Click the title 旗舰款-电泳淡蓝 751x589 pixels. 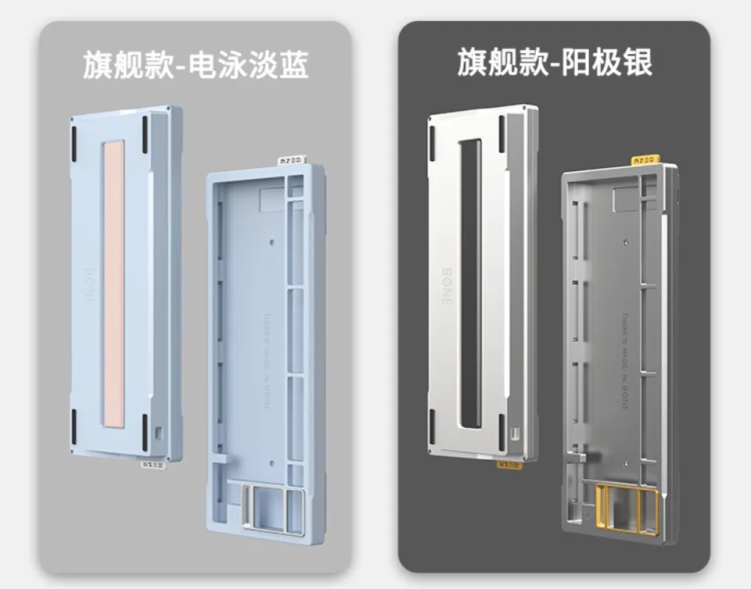click(x=196, y=65)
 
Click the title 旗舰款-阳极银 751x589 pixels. click(x=555, y=62)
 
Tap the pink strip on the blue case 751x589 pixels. click(x=114, y=284)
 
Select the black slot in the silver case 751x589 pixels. click(x=470, y=284)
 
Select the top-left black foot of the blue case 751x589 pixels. click(x=74, y=136)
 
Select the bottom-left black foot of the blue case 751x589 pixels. click(x=74, y=426)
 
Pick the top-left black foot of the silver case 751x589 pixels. click(x=431, y=136)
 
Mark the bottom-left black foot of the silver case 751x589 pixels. click(x=431, y=426)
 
